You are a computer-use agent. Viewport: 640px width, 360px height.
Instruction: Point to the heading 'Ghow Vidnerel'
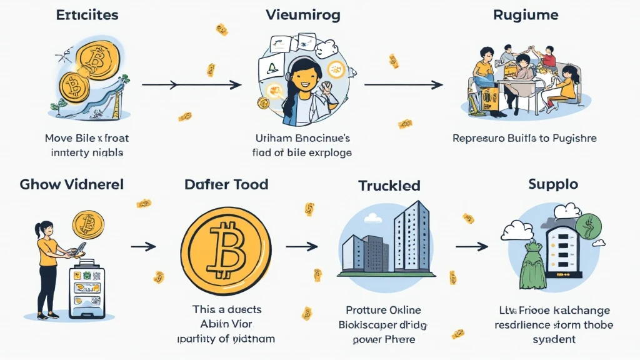71,184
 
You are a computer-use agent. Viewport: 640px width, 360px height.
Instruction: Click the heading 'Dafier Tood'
226,184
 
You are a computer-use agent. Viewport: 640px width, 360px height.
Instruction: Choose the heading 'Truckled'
389,186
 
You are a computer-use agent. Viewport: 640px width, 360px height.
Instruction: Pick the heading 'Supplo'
553,184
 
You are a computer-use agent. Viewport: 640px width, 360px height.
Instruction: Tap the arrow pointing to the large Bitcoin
143,246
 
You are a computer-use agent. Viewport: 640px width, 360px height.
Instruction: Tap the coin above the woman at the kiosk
88,224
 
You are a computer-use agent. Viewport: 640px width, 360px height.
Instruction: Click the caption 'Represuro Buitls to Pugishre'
524,138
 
